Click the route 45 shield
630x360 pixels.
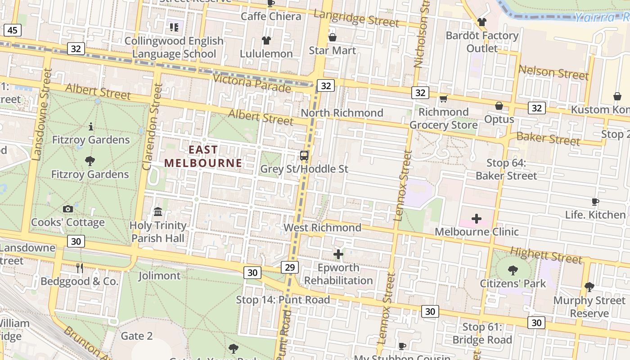(12, 30)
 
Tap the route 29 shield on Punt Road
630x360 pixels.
(289, 267)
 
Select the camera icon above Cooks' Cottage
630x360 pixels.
(68, 209)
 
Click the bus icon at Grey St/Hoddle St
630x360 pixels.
(304, 156)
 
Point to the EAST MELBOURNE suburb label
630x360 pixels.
(202, 156)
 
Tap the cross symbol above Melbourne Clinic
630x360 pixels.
(476, 219)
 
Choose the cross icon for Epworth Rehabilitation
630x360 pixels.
(338, 255)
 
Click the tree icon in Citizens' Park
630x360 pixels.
(513, 270)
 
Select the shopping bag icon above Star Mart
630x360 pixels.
(333, 37)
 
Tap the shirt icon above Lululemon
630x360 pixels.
(266, 40)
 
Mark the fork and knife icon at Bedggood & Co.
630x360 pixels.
(80, 268)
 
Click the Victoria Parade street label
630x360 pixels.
(252, 83)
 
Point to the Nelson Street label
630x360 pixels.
(553, 72)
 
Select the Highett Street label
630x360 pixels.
(546, 255)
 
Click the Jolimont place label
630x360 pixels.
(159, 275)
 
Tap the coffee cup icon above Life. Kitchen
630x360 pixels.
(595, 202)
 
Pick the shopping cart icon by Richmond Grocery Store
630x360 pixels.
(443, 99)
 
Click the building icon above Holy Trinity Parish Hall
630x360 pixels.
(158, 211)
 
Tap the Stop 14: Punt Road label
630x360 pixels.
(283, 300)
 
